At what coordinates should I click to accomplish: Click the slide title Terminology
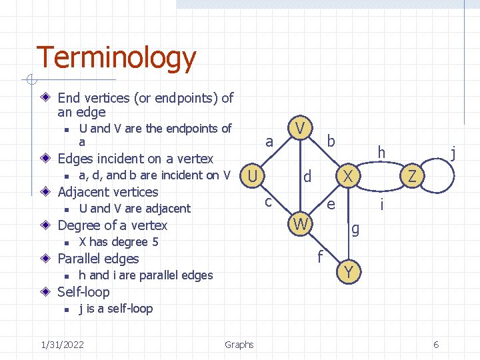pos(116,59)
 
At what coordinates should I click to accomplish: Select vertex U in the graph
pos(252,177)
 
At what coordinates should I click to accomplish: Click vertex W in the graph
pos(301,225)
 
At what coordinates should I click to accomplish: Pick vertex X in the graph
pos(347,177)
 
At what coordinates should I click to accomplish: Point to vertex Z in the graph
pos(413,177)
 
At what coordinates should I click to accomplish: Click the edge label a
pos(269,141)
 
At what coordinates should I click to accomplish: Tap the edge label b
pos(331,141)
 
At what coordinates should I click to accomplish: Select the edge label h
pos(381,153)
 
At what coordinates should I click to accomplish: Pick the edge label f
pos(321,256)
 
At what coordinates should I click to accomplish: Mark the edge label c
pos(268,200)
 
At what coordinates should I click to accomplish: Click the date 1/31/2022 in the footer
pos(62,345)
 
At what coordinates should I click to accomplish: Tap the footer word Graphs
pos(239,345)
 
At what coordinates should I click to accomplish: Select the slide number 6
pos(436,345)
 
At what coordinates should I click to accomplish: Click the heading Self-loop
pos(83,292)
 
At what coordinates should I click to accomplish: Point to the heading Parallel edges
pos(98,259)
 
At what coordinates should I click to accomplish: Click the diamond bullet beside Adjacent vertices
pos(45,192)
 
